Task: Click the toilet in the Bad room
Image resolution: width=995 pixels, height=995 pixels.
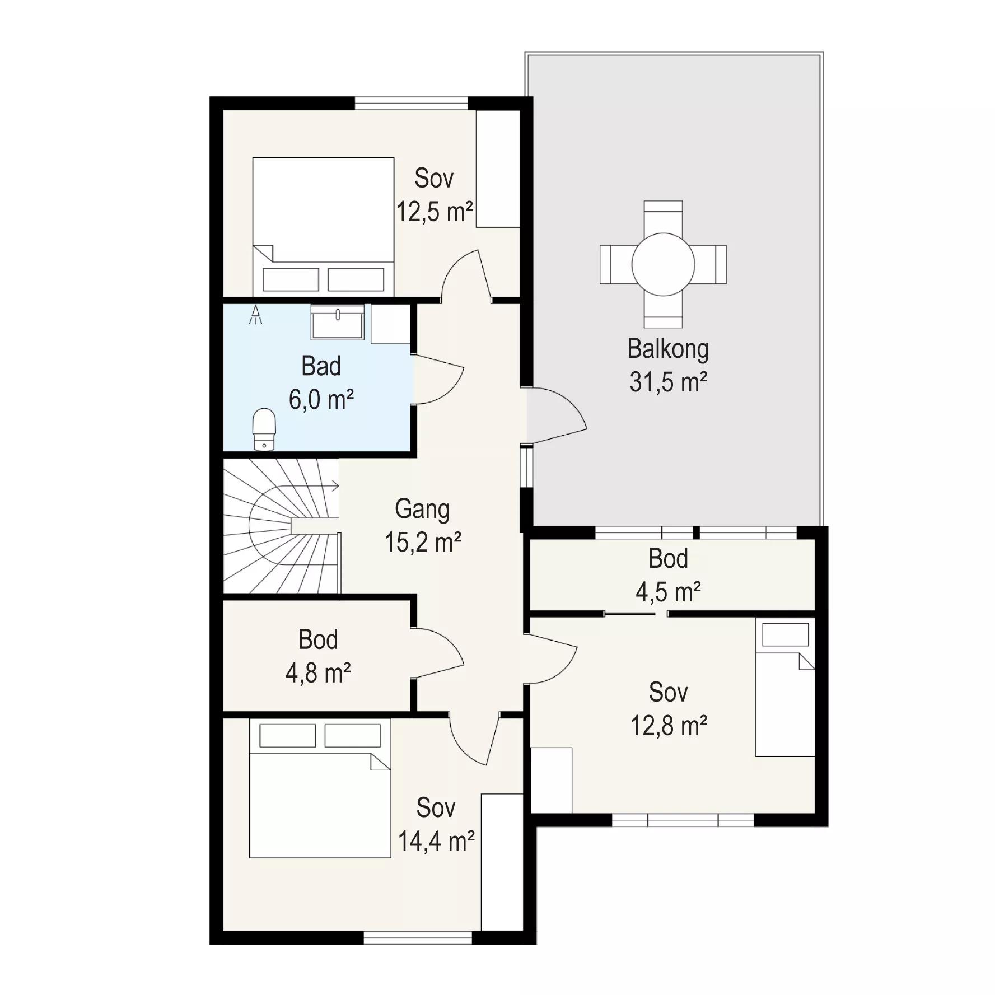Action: tap(264, 429)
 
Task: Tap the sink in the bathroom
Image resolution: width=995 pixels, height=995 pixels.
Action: tap(338, 322)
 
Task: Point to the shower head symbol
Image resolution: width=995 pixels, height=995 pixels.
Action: tap(256, 315)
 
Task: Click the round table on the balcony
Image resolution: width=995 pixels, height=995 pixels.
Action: tap(664, 264)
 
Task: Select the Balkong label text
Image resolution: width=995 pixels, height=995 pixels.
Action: tap(668, 349)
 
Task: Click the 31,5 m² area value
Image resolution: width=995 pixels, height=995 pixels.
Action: tap(668, 382)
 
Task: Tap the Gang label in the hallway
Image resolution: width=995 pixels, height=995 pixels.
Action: tap(422, 510)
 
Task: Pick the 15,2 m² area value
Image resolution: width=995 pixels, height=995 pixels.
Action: tap(423, 543)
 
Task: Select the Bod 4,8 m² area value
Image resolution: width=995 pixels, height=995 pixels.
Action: tap(318, 674)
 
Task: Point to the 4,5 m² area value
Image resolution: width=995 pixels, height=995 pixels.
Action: tap(668, 592)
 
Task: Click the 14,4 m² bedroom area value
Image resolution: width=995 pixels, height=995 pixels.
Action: tap(436, 841)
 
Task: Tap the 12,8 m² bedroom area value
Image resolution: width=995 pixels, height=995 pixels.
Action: tap(669, 726)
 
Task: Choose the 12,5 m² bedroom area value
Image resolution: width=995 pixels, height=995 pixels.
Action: tap(435, 212)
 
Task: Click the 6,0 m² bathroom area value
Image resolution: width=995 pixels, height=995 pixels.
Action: tap(321, 400)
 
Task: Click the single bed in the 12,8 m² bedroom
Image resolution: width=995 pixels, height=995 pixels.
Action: tap(785, 688)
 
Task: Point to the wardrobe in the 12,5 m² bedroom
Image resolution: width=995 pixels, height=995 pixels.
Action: tap(498, 169)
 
